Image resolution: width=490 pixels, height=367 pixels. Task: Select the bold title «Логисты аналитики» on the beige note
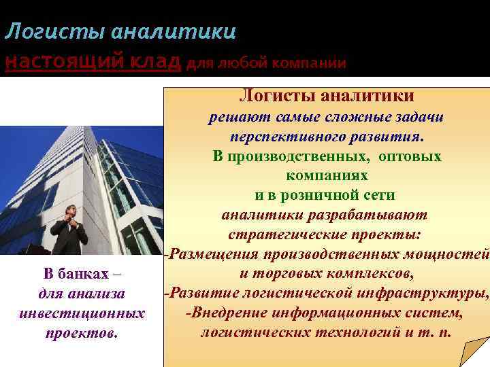click(x=326, y=97)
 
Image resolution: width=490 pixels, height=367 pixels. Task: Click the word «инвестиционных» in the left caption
click(x=82, y=314)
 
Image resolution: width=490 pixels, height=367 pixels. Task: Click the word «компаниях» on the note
click(x=327, y=175)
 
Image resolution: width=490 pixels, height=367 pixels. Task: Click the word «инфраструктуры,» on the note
click(x=435, y=294)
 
